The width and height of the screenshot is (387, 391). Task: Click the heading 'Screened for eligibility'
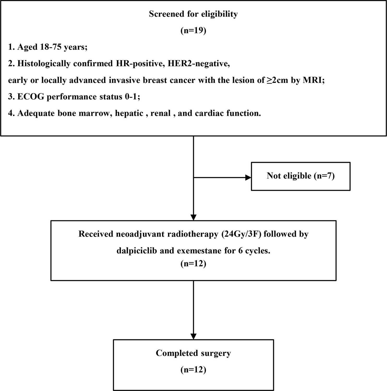[x=193, y=14]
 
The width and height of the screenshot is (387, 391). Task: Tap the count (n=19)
[x=193, y=30]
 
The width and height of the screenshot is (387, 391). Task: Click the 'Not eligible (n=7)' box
[x=301, y=176]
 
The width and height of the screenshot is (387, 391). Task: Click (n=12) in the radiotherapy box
[x=193, y=264]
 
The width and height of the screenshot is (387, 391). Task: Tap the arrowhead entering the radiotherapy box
[x=193, y=217]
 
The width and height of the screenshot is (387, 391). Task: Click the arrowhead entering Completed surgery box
[x=193, y=336]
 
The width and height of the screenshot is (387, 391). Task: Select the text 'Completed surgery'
[x=193, y=353]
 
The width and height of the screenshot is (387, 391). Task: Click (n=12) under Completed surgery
[x=193, y=370]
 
